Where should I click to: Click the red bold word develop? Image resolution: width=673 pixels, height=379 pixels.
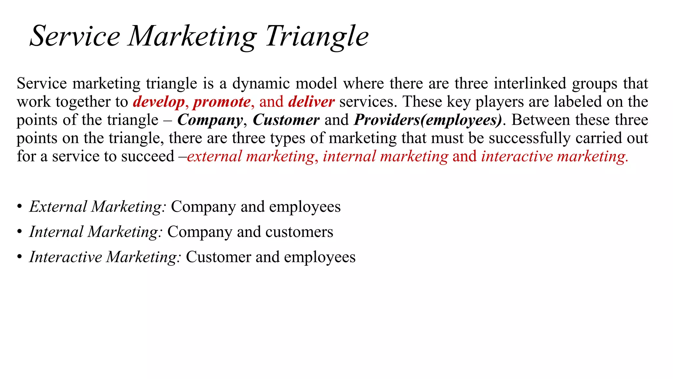(x=159, y=102)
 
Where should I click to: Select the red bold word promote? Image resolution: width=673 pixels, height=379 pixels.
(x=222, y=102)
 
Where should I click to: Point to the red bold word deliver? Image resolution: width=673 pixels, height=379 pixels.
(x=311, y=102)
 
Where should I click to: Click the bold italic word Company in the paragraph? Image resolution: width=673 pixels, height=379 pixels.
(x=210, y=120)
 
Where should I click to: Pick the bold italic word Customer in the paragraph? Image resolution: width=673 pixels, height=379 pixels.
(x=286, y=120)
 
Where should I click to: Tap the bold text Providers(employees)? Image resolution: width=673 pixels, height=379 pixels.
(x=428, y=120)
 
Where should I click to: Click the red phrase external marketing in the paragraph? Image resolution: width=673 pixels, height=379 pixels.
(x=251, y=156)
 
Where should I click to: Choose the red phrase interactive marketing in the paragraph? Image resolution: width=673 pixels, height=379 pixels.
(x=554, y=156)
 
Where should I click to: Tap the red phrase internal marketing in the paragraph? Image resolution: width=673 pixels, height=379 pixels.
(x=385, y=156)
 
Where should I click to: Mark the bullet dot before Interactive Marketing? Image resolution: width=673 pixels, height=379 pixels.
(x=20, y=257)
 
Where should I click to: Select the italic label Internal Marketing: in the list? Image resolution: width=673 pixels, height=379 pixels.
(x=96, y=232)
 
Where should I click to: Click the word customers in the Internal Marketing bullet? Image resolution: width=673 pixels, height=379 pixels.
(x=299, y=232)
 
